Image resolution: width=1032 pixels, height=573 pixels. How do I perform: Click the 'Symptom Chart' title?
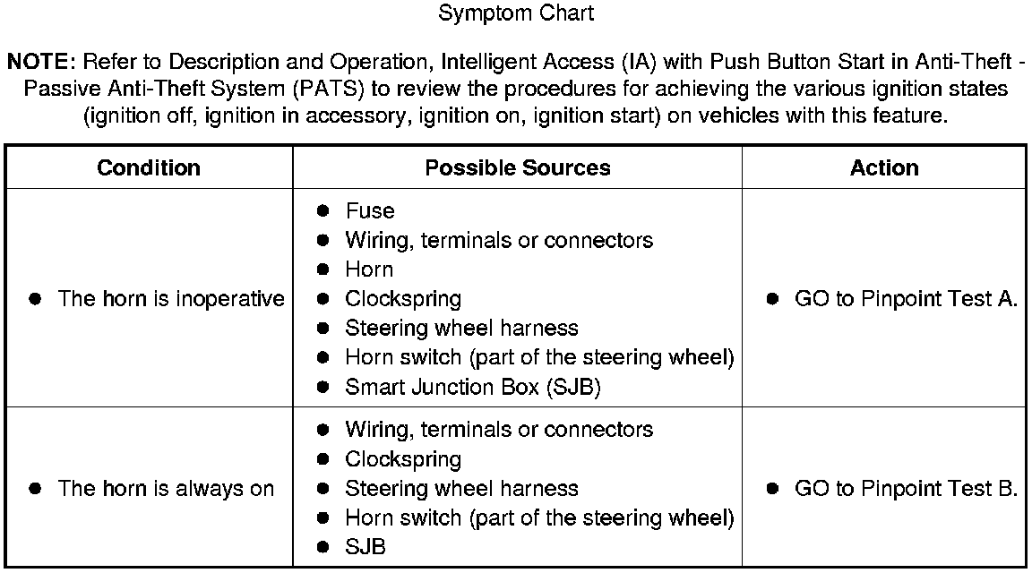[516, 14]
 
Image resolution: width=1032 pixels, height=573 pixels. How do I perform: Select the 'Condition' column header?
[149, 168]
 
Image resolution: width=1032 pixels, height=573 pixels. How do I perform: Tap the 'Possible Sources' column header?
[518, 168]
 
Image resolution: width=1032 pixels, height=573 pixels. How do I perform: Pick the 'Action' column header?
[884, 168]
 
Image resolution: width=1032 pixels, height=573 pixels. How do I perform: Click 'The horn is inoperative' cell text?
[171, 299]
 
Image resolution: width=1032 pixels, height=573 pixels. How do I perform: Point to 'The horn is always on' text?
[166, 489]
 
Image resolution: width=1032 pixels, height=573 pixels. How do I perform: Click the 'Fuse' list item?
[370, 211]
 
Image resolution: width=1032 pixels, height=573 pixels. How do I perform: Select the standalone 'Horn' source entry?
[369, 269]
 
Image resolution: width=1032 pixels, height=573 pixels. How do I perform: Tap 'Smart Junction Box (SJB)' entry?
[473, 388]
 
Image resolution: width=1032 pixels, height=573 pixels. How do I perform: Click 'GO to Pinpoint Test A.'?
[906, 299]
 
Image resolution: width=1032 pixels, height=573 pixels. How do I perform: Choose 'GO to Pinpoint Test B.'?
[906, 489]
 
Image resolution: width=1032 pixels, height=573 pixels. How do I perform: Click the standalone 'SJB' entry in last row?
[365, 547]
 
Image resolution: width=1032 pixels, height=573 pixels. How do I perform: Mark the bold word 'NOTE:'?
[42, 63]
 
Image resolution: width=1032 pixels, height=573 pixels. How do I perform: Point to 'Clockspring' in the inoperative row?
[403, 299]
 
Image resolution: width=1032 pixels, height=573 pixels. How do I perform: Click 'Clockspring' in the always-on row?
[403, 459]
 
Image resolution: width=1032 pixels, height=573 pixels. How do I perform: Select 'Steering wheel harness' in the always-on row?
[461, 489]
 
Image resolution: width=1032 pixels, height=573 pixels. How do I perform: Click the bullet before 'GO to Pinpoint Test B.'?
[772, 489]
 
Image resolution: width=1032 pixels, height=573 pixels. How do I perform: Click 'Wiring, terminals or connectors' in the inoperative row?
[499, 241]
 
